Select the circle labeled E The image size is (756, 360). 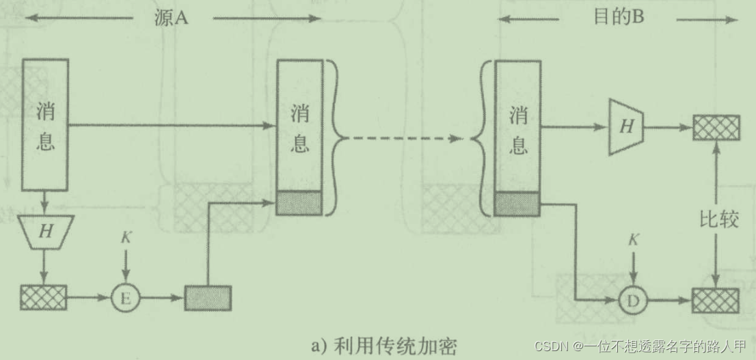point(125,298)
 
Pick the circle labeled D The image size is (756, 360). point(633,299)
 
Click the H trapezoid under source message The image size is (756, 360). point(45,231)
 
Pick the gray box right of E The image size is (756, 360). point(208,298)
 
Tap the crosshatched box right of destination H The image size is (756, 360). point(716,127)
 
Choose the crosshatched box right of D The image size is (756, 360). point(716,300)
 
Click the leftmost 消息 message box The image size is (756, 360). point(45,124)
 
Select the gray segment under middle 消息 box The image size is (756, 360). point(299,203)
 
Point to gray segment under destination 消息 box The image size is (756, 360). point(517,203)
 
